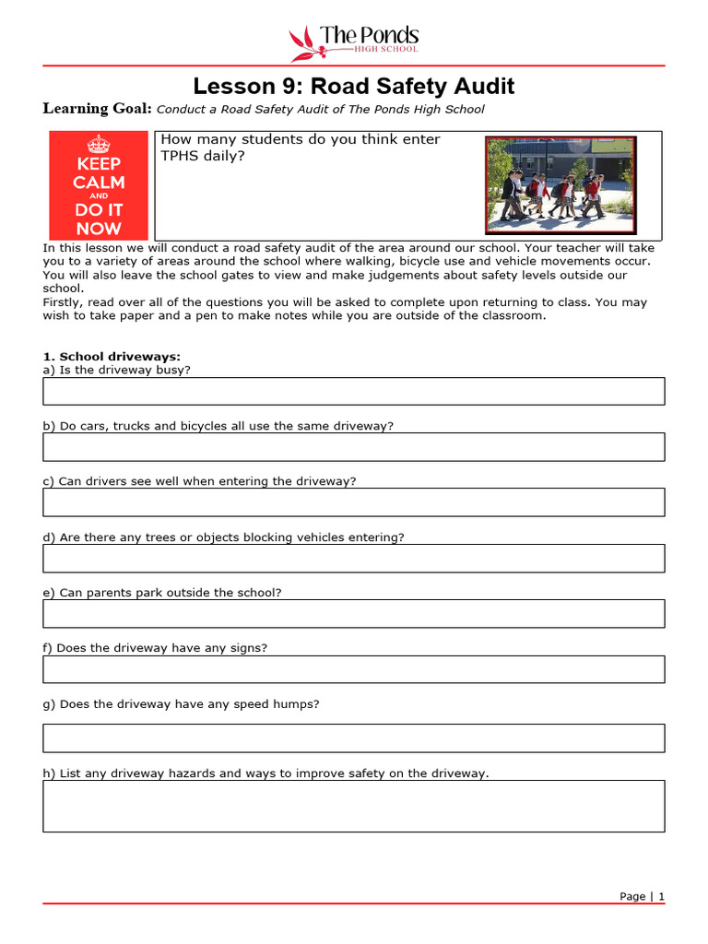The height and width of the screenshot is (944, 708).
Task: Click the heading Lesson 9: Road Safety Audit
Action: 354,87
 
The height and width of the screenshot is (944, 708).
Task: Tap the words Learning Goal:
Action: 98,109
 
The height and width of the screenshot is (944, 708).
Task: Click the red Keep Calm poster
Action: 99,185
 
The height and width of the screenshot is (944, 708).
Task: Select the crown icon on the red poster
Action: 99,144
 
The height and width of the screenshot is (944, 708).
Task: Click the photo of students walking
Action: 560,185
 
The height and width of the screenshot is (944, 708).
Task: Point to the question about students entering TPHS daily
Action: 301,147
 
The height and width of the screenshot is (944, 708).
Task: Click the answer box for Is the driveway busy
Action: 354,391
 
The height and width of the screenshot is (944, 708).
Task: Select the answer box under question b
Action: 354,447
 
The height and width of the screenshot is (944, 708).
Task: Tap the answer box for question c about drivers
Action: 354,502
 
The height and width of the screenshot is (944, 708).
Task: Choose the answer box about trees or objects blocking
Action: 354,558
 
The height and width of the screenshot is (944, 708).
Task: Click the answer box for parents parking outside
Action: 354,613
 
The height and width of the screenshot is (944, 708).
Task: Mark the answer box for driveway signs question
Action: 354,669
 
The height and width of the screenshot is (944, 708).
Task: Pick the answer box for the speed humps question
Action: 354,737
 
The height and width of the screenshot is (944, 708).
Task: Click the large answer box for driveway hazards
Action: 354,806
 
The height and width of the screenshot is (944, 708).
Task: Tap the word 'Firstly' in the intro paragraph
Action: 64,302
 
